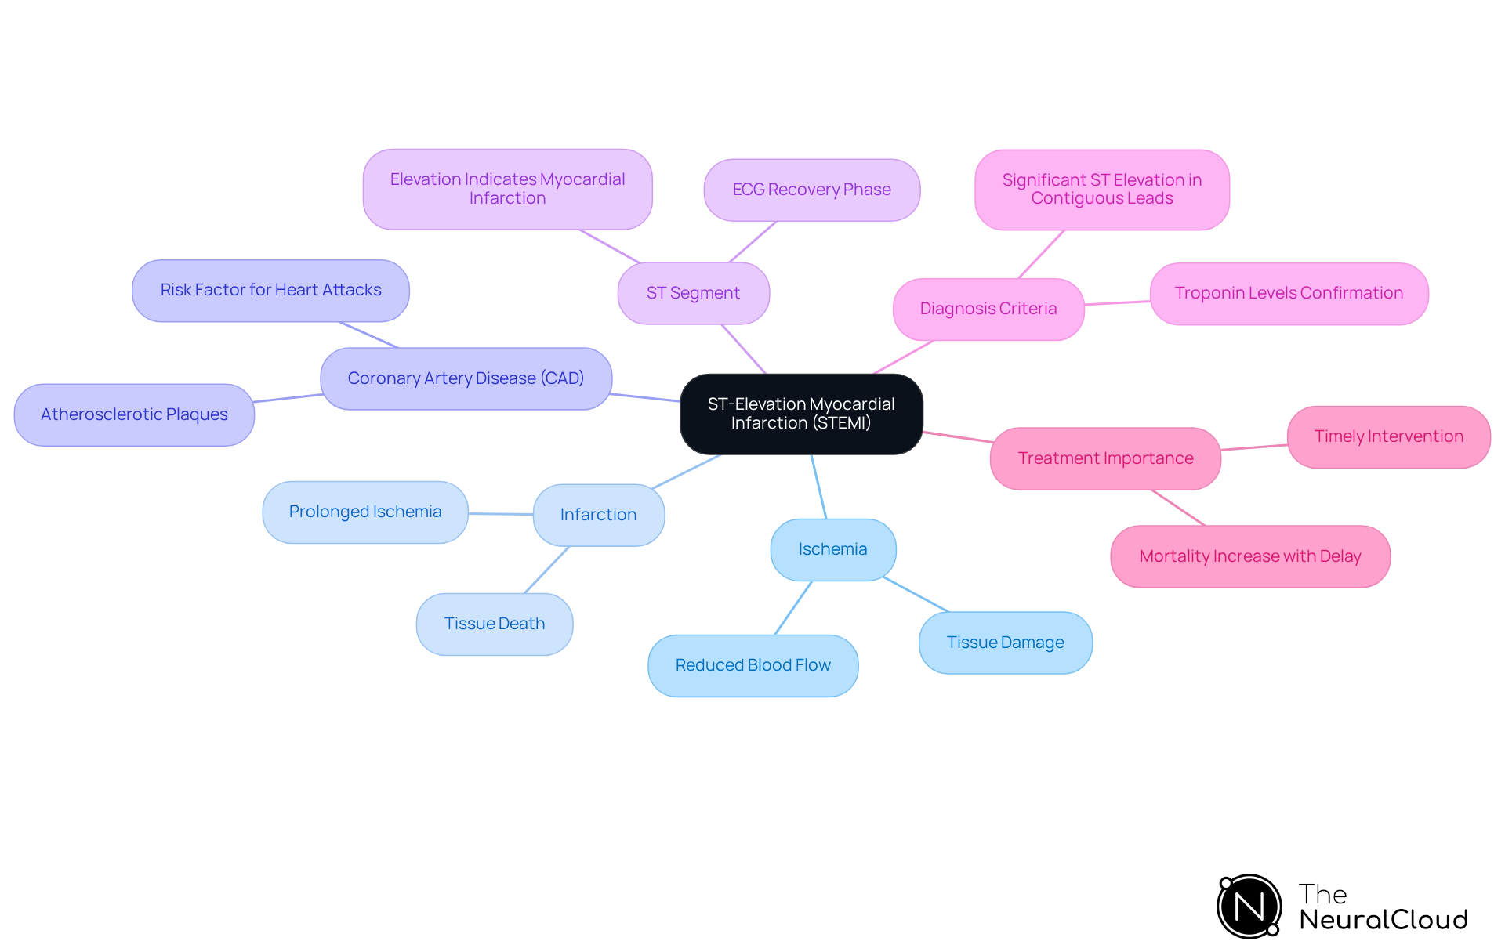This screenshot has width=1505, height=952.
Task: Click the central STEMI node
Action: [x=801, y=414]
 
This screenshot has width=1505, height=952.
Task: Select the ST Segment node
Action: [x=693, y=293]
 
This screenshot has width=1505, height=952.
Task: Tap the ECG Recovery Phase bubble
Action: [x=811, y=190]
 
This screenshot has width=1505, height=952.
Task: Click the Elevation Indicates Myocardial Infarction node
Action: [x=507, y=189]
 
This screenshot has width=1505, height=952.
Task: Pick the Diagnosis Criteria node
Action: [x=988, y=309]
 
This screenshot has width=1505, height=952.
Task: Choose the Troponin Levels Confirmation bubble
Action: [x=1288, y=293]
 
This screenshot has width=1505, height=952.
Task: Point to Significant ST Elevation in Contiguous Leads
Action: [x=1101, y=190]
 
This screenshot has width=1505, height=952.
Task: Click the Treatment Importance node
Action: [x=1105, y=458]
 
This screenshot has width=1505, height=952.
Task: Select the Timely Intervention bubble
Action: [x=1388, y=436]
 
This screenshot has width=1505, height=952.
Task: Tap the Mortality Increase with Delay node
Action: [x=1249, y=556]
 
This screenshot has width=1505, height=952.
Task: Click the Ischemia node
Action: [x=832, y=549]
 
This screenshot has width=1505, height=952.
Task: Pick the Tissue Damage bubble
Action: [x=1005, y=643]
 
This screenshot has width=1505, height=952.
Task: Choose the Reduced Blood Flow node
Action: [x=752, y=665]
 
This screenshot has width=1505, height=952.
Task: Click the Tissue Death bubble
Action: [x=494, y=624]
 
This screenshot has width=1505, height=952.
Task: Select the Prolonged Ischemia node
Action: [x=365, y=512]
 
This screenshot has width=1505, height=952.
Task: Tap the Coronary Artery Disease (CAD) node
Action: [x=466, y=378]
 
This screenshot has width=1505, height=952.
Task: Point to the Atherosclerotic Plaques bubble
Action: [x=134, y=414]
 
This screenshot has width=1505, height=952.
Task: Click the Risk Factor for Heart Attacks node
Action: [x=270, y=290]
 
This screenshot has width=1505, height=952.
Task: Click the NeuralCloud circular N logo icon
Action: [x=1249, y=907]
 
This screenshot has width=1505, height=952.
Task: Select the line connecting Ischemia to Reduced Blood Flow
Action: [x=793, y=608]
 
